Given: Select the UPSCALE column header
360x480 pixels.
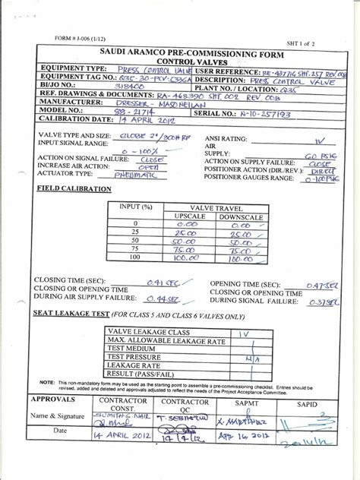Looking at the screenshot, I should click(x=181, y=216).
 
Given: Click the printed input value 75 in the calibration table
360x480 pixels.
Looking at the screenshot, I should click(x=133, y=247).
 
